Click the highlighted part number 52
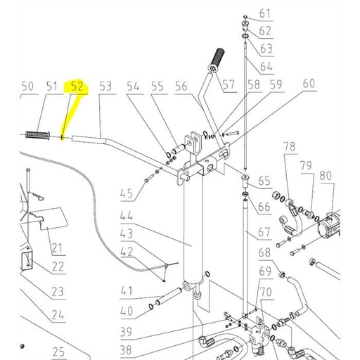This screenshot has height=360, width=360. click(77, 86)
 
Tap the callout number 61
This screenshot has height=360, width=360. click(265, 13)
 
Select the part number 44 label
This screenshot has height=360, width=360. click(127, 216)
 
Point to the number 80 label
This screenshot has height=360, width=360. click(326, 176)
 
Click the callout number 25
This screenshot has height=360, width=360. click(58, 352)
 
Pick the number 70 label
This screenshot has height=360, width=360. click(266, 292)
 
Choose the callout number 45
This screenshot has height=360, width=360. click(127, 194)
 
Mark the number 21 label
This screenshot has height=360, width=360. click(57, 247)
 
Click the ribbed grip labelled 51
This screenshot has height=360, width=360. click(37, 135)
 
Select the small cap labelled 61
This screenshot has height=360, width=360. click(245, 17)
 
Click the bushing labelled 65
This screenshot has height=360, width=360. click(245, 181)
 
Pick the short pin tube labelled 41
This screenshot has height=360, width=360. click(169, 297)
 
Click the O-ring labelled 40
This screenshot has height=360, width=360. click(151, 307)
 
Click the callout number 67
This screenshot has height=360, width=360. click(264, 232)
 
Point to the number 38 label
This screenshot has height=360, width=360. click(126, 350)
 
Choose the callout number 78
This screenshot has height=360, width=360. click(290, 147)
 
